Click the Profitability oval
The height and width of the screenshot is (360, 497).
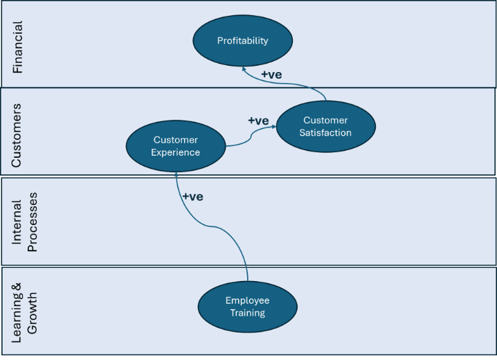pos(242,41)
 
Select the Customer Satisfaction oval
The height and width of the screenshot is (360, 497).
pos(326,127)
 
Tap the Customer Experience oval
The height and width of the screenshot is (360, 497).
pos(176,146)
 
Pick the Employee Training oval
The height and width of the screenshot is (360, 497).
pos(247,307)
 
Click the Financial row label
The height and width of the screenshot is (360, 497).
pos(18,46)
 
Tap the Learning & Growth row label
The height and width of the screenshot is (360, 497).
pos(25,309)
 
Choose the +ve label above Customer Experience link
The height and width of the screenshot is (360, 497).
pos(258,120)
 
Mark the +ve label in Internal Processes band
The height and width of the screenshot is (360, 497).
pos(192,197)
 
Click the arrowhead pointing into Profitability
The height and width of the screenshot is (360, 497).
pos(243,68)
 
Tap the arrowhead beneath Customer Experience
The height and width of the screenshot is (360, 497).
pos(177,172)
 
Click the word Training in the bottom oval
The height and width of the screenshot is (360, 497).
pos(247,313)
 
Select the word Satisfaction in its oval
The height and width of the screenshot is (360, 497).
pos(326,133)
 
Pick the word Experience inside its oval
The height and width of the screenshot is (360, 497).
pos(176,152)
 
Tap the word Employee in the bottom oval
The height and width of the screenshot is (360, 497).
pos(247,300)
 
